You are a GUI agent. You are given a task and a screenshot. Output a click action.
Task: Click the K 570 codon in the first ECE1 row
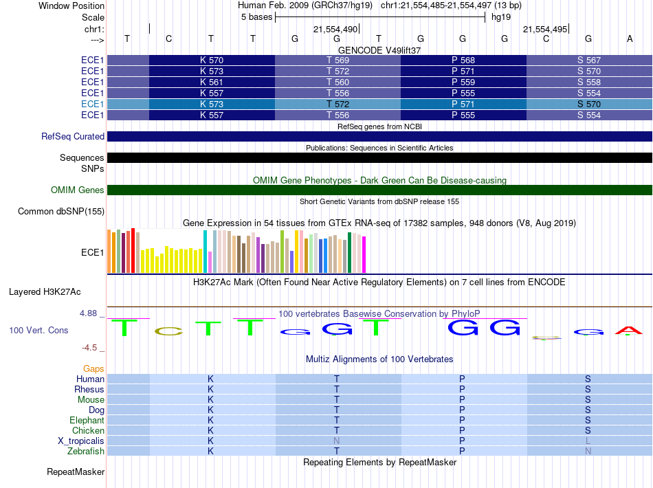(212, 60)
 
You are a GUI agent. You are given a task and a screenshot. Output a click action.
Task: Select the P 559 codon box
(463, 82)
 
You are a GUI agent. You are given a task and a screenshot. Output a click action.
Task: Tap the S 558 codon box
(589, 82)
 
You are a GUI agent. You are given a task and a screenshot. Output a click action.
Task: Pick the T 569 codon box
(337, 60)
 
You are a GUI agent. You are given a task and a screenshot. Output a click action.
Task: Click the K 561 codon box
(212, 82)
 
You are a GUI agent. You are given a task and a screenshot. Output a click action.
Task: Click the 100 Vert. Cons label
(39, 331)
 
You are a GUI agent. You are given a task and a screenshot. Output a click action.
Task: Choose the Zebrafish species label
(86, 452)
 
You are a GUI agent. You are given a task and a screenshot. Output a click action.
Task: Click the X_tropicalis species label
(81, 441)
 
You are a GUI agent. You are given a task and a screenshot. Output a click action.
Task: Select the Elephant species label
(87, 421)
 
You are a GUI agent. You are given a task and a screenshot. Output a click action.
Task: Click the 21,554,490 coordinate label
(335, 30)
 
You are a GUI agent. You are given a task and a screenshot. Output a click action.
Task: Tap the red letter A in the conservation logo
(628, 331)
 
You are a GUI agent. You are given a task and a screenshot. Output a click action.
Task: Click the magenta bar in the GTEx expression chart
(364, 254)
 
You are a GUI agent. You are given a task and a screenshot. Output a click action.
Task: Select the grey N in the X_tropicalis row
(337, 441)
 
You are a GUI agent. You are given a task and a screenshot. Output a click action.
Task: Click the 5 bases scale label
(257, 17)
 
